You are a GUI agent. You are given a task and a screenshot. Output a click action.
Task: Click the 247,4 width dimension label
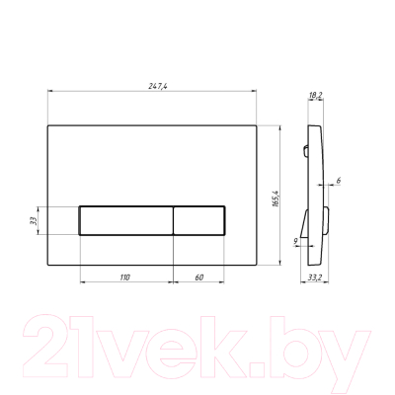158,86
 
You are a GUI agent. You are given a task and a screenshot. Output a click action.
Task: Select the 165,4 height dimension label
276,198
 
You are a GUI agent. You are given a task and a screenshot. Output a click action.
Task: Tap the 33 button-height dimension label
34,220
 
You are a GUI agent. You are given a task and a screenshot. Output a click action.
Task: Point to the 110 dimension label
124,277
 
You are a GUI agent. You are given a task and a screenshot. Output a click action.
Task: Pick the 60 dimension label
199,277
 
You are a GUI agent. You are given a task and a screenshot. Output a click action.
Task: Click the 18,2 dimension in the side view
316,95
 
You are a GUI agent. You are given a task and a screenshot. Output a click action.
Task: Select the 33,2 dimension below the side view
315,277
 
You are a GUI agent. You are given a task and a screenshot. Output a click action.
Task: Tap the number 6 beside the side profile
339,180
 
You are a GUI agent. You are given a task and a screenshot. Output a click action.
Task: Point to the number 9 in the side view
295,241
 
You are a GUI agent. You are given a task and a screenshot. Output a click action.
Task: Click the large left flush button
126,220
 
